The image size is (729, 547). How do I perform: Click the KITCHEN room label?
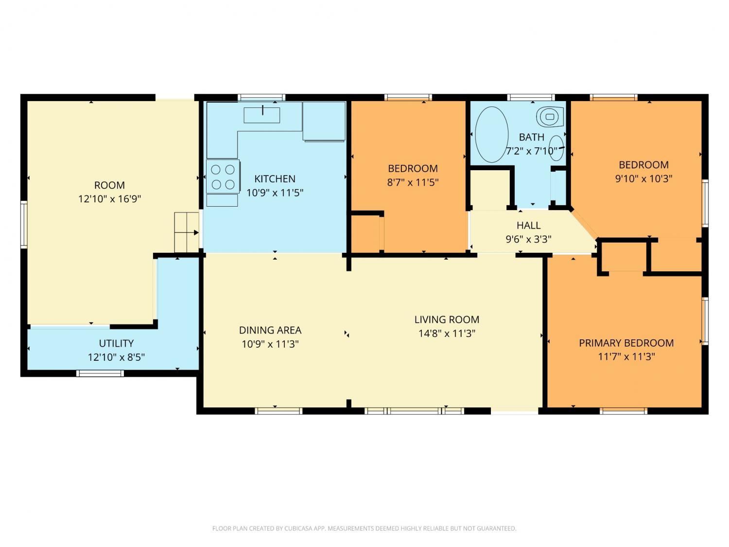click(274, 178)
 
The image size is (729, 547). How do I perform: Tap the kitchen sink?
click(261, 115)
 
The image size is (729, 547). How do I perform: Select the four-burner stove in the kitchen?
click(223, 176)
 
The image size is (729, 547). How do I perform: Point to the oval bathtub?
click(491, 135)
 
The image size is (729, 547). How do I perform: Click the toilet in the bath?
click(550, 117)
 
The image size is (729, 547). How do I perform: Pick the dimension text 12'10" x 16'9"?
click(110, 199)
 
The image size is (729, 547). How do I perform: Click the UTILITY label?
click(116, 343)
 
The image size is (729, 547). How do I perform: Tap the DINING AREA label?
click(270, 330)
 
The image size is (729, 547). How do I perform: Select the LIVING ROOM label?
click(447, 319)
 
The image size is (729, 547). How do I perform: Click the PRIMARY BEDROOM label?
click(626, 343)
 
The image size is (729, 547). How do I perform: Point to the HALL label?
click(528, 226)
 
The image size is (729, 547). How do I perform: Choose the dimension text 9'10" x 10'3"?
click(643, 178)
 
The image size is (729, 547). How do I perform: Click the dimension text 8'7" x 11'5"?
click(413, 182)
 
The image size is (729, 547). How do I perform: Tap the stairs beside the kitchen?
click(187, 232)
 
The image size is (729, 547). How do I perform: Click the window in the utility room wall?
click(100, 373)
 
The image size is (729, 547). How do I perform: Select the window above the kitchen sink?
click(261, 97)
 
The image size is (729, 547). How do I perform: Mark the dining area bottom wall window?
click(278, 411)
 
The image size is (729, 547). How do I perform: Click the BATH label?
click(531, 137)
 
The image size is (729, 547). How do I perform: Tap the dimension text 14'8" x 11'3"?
click(447, 334)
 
